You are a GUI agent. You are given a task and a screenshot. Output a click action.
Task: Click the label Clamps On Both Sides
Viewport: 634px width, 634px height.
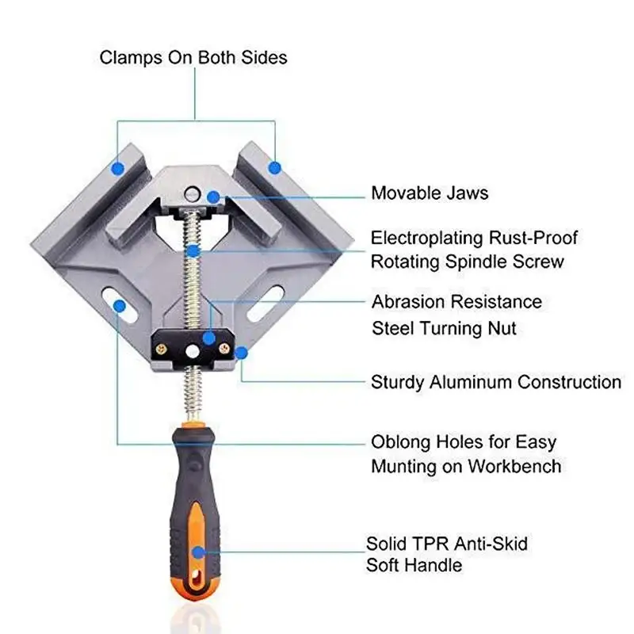(x=193, y=58)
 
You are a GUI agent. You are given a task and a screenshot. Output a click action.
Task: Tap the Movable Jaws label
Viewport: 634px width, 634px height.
(x=430, y=193)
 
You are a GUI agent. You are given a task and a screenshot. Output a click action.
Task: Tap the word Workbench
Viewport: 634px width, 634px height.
(x=514, y=465)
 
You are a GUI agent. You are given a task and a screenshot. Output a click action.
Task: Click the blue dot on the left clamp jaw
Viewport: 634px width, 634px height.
(x=117, y=168)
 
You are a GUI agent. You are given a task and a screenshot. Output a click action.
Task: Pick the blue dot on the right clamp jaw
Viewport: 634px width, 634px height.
(x=274, y=167)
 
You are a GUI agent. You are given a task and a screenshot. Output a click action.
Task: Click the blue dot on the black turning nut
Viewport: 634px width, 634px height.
(x=208, y=338)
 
